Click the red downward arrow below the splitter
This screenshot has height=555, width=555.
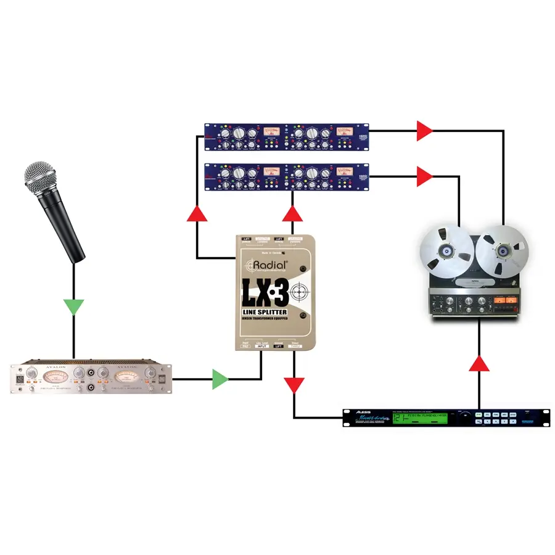[x=294, y=384]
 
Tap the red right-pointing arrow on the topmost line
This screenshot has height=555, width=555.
[x=425, y=130]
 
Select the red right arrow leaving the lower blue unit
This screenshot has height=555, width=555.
[x=425, y=177]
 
